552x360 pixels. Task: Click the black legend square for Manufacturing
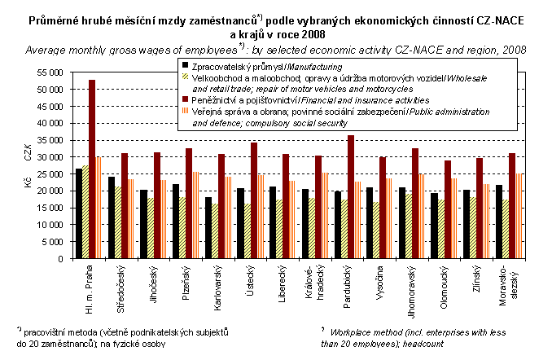(186, 65)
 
